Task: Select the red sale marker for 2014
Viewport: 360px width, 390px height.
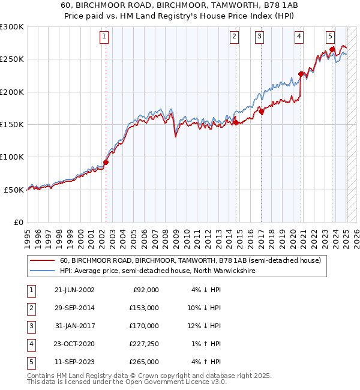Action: pyautogui.click(x=236, y=122)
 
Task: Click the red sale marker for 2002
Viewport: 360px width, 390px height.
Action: pyautogui.click(x=106, y=162)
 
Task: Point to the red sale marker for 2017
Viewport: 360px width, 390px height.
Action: pyautogui.click(x=261, y=111)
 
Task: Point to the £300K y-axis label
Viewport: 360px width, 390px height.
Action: pyautogui.click(x=12, y=27)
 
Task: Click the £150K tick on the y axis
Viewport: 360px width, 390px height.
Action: pyautogui.click(x=12, y=124)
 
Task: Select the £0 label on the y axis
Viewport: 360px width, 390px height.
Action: pyautogui.click(x=19, y=222)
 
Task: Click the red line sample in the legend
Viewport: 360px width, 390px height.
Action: pyautogui.click(x=42, y=261)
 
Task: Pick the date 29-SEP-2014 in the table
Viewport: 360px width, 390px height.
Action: pyautogui.click(x=74, y=308)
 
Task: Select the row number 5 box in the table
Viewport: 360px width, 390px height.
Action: pyautogui.click(x=30, y=362)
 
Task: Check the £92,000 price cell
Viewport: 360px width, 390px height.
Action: pyautogui.click(x=146, y=290)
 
